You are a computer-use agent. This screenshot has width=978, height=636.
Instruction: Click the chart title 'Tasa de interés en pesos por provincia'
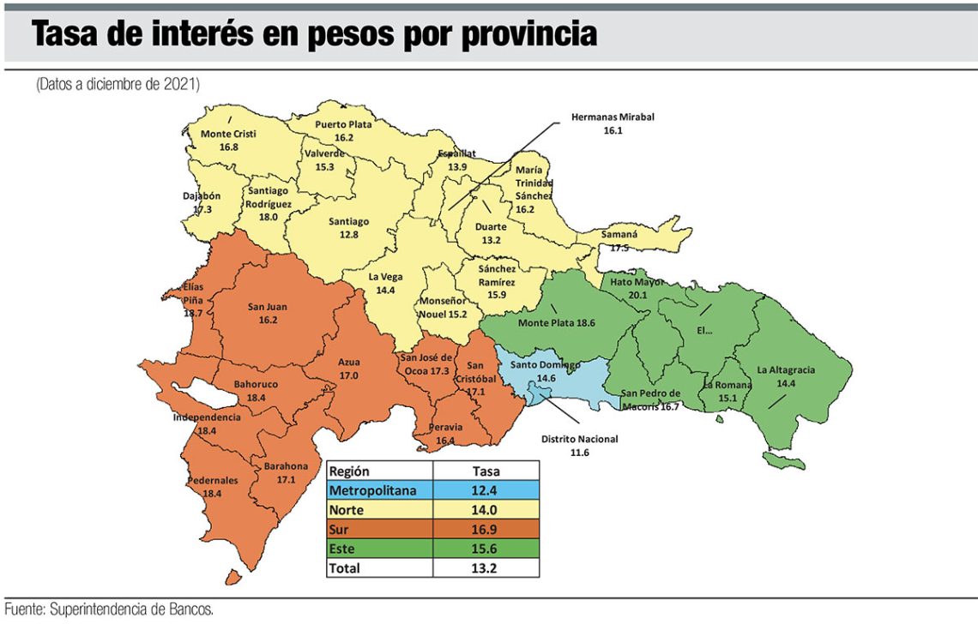(314, 34)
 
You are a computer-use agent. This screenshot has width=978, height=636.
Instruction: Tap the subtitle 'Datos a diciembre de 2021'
(118, 85)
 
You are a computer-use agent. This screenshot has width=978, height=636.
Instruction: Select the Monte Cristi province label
(228, 141)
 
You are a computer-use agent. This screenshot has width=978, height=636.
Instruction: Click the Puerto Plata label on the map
(343, 130)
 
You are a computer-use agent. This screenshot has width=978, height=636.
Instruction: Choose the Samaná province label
(607, 242)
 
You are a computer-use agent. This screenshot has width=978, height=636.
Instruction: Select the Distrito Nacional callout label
(579, 445)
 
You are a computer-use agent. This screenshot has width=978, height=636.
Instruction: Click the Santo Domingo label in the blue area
(546, 370)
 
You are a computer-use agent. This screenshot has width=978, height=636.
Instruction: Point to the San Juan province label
(267, 313)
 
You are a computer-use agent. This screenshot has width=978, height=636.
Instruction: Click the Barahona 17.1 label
(286, 472)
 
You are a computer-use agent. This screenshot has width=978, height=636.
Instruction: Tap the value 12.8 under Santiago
(348, 234)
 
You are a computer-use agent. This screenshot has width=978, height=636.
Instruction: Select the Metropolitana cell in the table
(378, 490)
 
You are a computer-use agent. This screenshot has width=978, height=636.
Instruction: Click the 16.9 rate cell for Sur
(486, 529)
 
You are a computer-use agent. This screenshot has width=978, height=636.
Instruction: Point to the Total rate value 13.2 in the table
(486, 567)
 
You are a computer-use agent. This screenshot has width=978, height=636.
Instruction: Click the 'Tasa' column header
(486, 471)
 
